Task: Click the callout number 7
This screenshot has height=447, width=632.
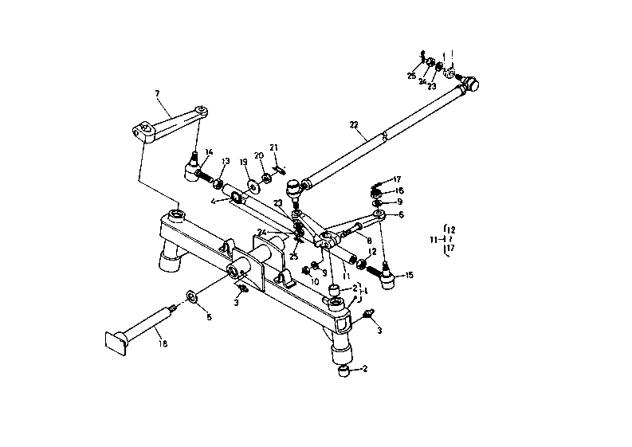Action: point(157,93)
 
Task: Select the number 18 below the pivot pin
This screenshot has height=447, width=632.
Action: point(163,344)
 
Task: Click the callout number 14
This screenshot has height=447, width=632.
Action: point(210,152)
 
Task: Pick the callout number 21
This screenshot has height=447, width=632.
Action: point(273,147)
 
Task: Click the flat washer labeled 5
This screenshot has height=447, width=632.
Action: point(193,298)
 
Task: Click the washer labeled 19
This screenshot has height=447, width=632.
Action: point(253,186)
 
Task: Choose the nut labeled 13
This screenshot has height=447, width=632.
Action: point(216,185)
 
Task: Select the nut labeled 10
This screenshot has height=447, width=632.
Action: point(305,270)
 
